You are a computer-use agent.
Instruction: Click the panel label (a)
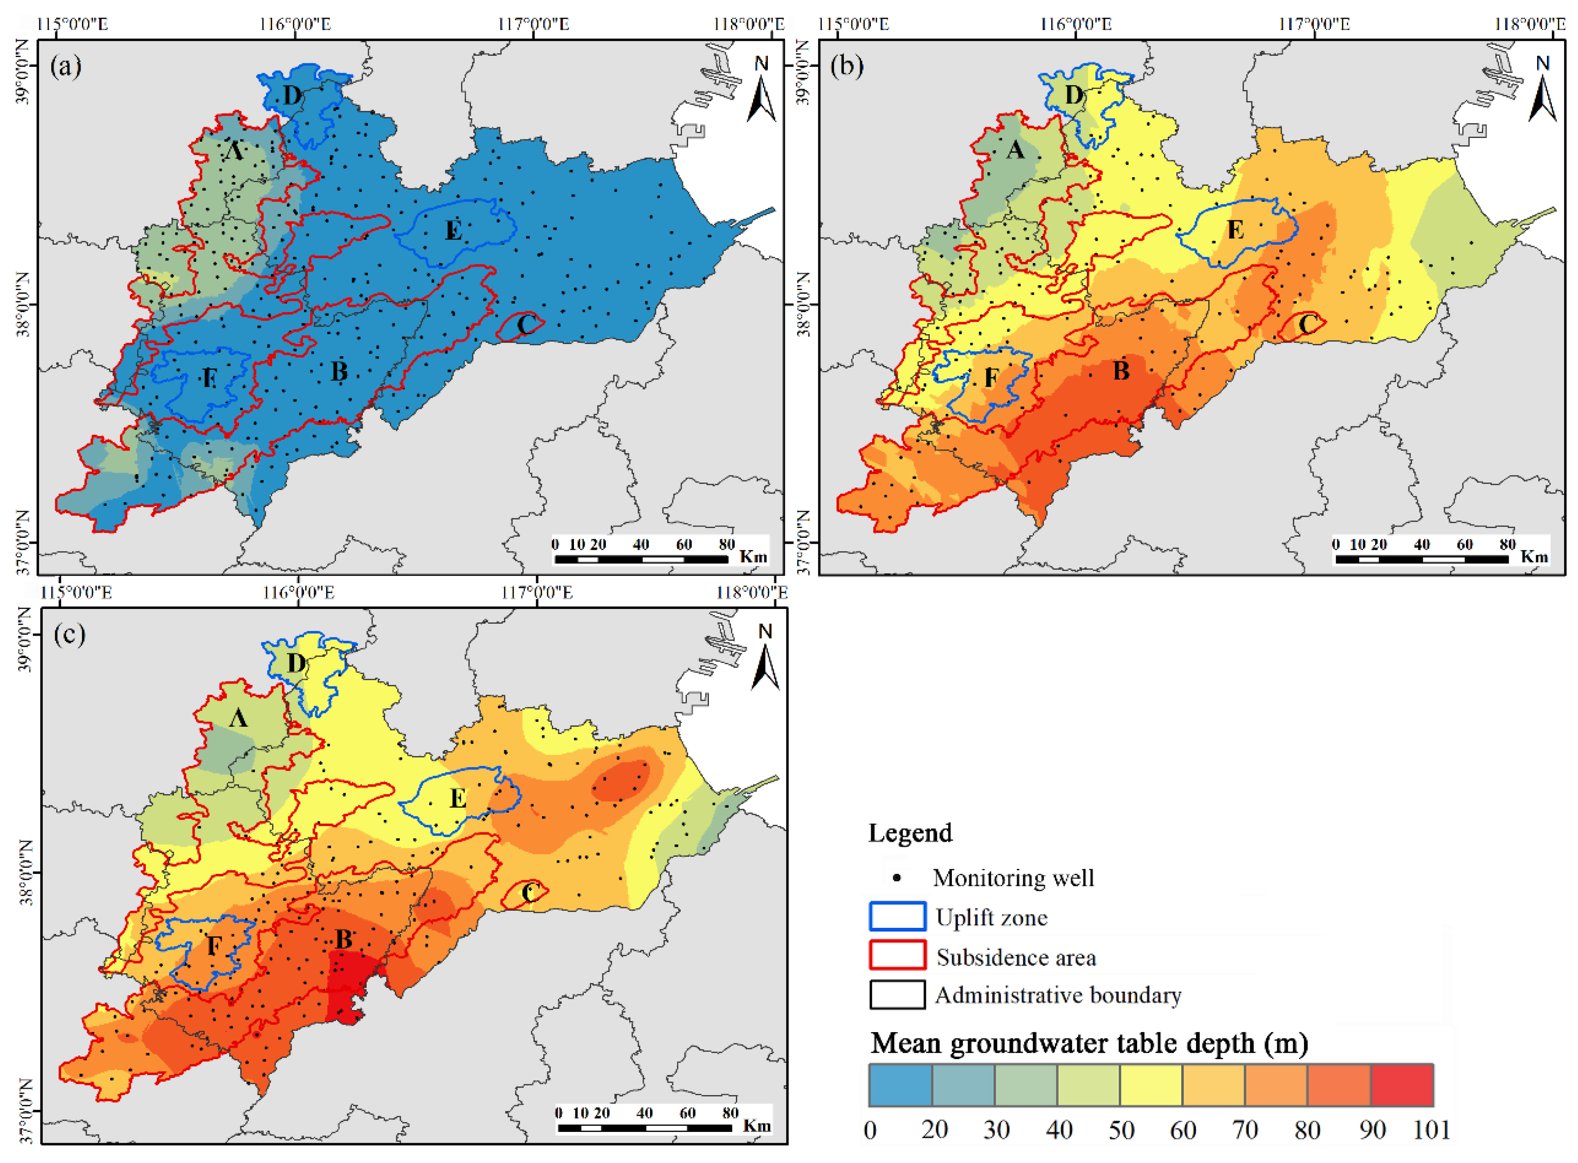point(66,67)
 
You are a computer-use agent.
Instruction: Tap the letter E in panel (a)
point(453,230)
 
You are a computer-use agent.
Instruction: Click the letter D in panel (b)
point(1073,94)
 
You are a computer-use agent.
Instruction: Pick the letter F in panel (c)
point(214,945)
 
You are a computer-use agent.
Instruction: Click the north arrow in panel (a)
point(761,91)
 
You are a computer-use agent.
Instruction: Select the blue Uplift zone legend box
point(897,917)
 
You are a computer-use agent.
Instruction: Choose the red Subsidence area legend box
point(897,955)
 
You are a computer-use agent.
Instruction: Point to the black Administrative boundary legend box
point(897,994)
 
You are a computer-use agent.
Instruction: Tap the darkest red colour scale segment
point(1401,1085)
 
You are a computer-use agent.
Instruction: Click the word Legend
point(910,833)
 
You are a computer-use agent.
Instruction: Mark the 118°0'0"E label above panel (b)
point(1529,25)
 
